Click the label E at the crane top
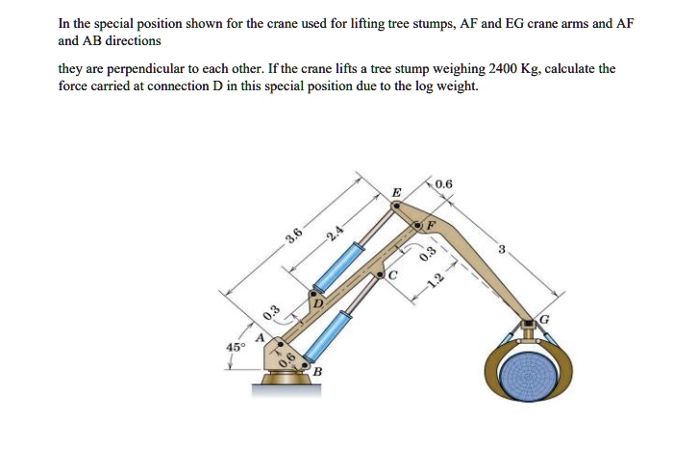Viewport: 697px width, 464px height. [x=396, y=193]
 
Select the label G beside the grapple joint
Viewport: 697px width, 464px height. [x=547, y=318]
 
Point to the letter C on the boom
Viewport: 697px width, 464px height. [x=391, y=274]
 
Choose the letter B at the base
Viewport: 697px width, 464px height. [x=316, y=371]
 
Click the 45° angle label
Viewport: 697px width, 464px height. [x=235, y=346]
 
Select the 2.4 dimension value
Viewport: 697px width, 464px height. [x=333, y=233]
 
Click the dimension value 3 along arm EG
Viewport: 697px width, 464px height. [x=501, y=250]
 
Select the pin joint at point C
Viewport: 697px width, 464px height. [x=382, y=273]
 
